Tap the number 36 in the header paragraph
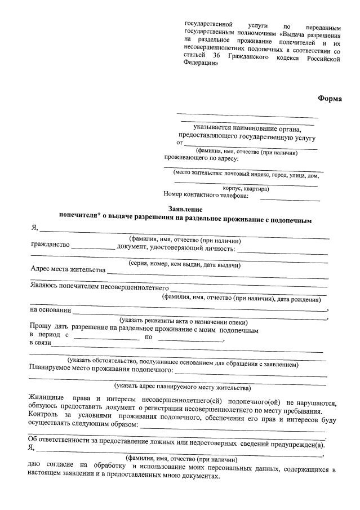coord(216,57)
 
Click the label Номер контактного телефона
coord(206,196)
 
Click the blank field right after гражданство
coord(92,247)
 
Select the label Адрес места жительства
coord(68,269)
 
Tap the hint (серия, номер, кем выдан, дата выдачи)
coord(184,264)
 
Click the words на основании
coord(50,309)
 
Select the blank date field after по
coord(190,338)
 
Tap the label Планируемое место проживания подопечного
coord(101,370)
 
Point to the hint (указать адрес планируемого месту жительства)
coord(182,387)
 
